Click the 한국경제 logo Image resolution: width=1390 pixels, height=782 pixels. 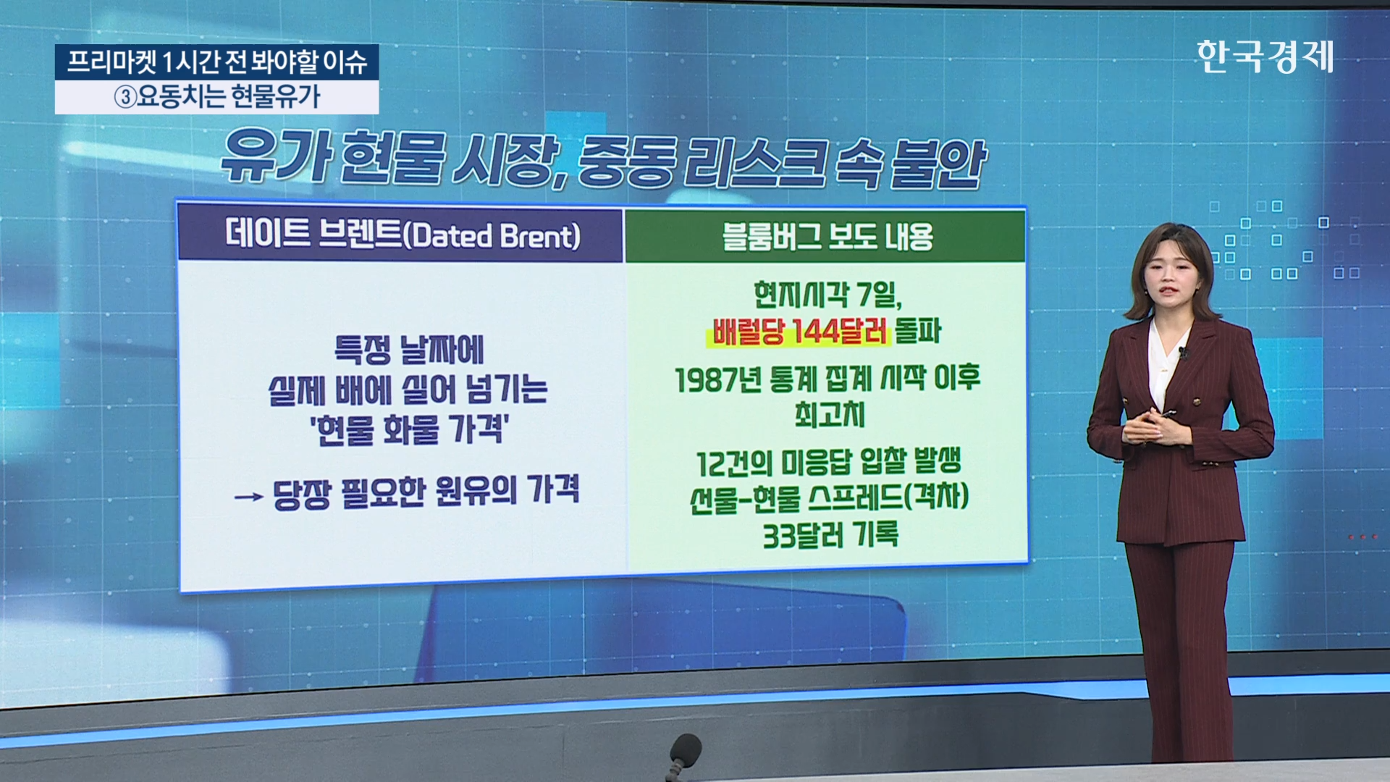pyautogui.click(x=1265, y=56)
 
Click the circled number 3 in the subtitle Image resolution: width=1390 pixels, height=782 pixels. pyautogui.click(x=125, y=97)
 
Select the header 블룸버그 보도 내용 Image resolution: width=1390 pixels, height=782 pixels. pyautogui.click(x=827, y=236)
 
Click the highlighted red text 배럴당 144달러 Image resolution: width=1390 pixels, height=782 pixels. pyautogui.click(x=799, y=331)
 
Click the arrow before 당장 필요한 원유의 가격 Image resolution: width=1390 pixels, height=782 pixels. pyautogui.click(x=248, y=497)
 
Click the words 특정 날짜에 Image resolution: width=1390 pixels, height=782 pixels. pyautogui.click(x=409, y=350)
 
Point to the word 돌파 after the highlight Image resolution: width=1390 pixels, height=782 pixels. pyautogui.click(x=918, y=331)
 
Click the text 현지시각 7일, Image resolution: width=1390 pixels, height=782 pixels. pyautogui.click(x=827, y=294)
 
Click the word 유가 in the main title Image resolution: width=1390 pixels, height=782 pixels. pyautogui.click(x=276, y=156)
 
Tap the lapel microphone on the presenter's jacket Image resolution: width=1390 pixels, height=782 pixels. pyautogui.click(x=1182, y=353)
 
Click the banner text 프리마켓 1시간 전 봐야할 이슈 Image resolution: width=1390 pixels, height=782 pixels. pyautogui.click(x=217, y=62)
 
